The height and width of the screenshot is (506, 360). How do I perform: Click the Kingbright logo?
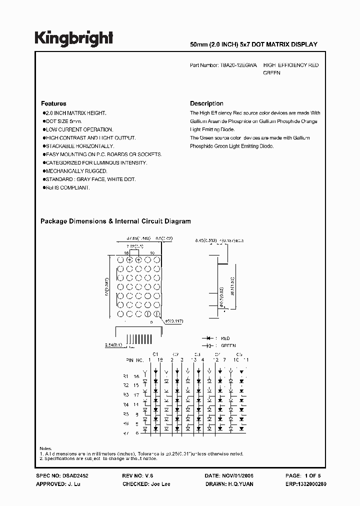[x=73, y=38]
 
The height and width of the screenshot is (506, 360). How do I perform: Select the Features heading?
[x=53, y=103]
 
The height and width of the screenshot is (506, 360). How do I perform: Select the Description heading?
[x=206, y=103]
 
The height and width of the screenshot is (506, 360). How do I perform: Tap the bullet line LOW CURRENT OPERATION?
[x=79, y=129]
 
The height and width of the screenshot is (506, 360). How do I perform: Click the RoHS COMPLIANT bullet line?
[x=67, y=187]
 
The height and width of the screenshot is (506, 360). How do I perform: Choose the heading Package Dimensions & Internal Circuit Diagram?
[x=115, y=221]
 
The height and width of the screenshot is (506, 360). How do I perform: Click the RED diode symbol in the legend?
[x=205, y=338]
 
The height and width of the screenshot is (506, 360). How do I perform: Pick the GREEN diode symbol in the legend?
[x=205, y=345]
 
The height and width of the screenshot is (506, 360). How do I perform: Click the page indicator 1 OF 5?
[x=314, y=476]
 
